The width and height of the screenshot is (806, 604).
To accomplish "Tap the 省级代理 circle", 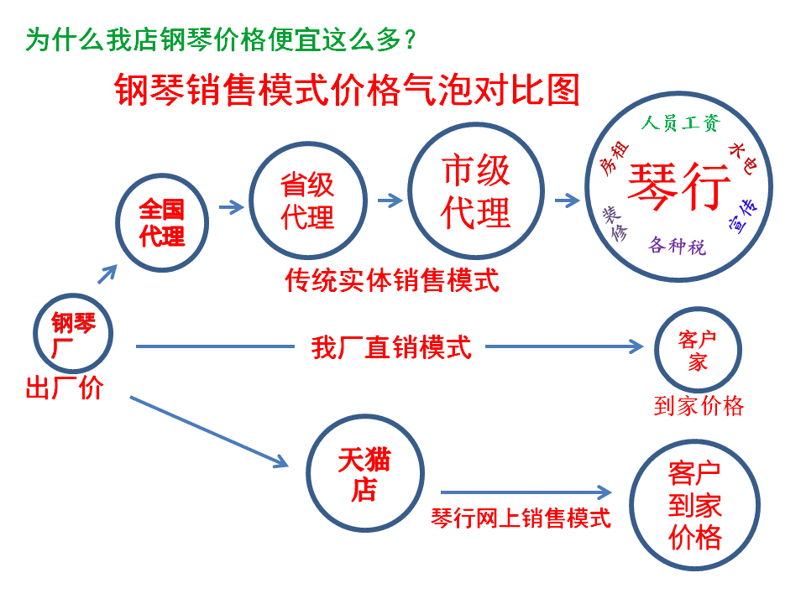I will (x=307, y=201).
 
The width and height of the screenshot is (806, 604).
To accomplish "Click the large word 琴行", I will (x=679, y=185).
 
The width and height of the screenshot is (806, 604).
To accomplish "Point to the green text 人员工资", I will (x=680, y=123).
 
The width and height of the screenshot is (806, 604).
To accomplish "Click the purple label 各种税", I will (x=677, y=246).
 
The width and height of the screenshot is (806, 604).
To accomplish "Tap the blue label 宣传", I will (x=746, y=216).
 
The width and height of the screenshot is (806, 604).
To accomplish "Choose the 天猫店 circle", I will (x=364, y=474).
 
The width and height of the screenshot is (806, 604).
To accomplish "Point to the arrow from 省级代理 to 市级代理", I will (x=390, y=200).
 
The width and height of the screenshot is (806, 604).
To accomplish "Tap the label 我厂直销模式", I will (x=391, y=346).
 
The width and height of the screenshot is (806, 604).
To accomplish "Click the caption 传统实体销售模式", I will (x=392, y=279).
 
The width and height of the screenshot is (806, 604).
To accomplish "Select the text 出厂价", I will (x=65, y=388).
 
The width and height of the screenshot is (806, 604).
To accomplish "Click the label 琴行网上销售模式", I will (x=521, y=518).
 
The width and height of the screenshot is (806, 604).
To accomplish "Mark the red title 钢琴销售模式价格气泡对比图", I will (x=347, y=89).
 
